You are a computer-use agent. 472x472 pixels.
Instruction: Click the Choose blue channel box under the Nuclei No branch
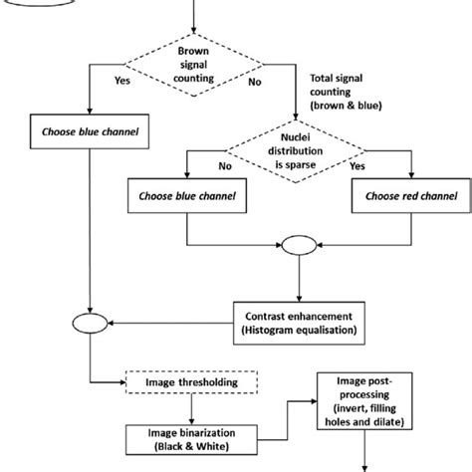point(188,197)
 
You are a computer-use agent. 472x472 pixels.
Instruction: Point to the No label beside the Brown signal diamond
point(254,84)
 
